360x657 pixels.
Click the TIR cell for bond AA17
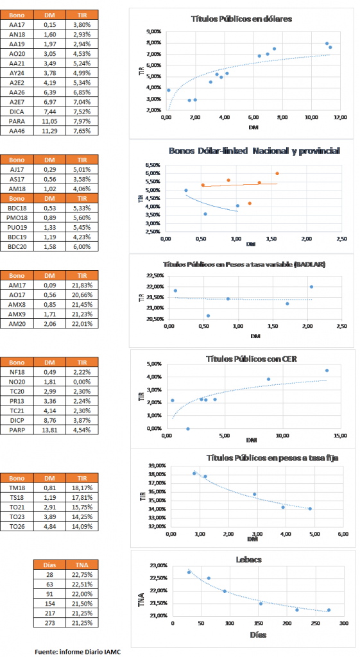pyautogui.click(x=82, y=25)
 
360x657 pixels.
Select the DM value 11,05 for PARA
pyautogui.click(x=49, y=121)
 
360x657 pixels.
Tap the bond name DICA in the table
pyautogui.click(x=17, y=112)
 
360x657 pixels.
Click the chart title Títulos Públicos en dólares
pyautogui.click(x=241, y=19)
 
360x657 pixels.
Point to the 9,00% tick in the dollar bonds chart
pyautogui.click(x=153, y=31)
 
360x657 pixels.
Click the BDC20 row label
pyautogui.click(x=17, y=246)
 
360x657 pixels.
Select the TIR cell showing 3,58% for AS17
pyautogui.click(x=82, y=179)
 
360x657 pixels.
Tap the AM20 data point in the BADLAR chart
pyautogui.click(x=311, y=287)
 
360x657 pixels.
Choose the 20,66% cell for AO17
pyautogui.click(x=82, y=294)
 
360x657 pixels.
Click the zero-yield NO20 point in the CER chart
pyautogui.click(x=188, y=429)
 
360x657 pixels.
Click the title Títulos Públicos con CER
pyautogui.click(x=252, y=359)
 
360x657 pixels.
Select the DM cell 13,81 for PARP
pyautogui.click(x=49, y=429)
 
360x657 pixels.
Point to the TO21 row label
pyautogui.click(x=17, y=507)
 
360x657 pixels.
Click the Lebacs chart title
pyautogui.click(x=249, y=559)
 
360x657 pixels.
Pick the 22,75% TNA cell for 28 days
pyautogui.click(x=82, y=574)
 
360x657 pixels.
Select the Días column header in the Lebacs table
pyautogui.click(x=49, y=565)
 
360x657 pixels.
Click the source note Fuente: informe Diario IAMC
pyautogui.click(x=78, y=652)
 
